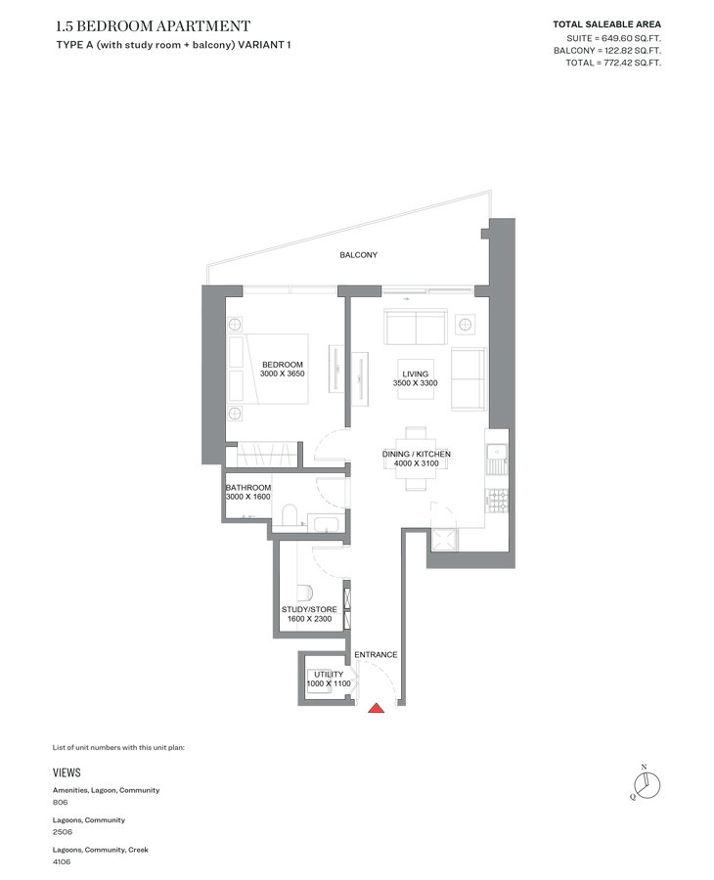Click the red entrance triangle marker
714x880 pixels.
(x=377, y=708)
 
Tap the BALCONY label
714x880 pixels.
(x=358, y=255)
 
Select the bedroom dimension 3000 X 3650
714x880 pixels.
(x=283, y=374)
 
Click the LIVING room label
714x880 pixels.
(x=416, y=374)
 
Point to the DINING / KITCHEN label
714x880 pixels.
(x=417, y=454)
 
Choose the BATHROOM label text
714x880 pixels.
(x=248, y=488)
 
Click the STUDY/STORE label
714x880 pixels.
(x=309, y=609)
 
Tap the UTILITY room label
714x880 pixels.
(x=329, y=675)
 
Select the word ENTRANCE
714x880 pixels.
(x=376, y=654)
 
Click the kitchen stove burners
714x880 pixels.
(x=497, y=501)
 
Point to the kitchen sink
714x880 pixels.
(x=497, y=452)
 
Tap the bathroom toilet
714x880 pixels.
(x=290, y=515)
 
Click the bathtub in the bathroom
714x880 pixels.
(x=326, y=525)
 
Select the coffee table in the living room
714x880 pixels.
(x=416, y=378)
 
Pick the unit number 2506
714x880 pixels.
(x=63, y=832)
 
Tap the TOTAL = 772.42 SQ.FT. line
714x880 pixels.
(x=613, y=63)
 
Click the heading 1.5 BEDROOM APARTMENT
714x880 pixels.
(x=154, y=26)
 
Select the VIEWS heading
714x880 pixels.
(x=67, y=772)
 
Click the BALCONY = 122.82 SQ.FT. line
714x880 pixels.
(x=607, y=51)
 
